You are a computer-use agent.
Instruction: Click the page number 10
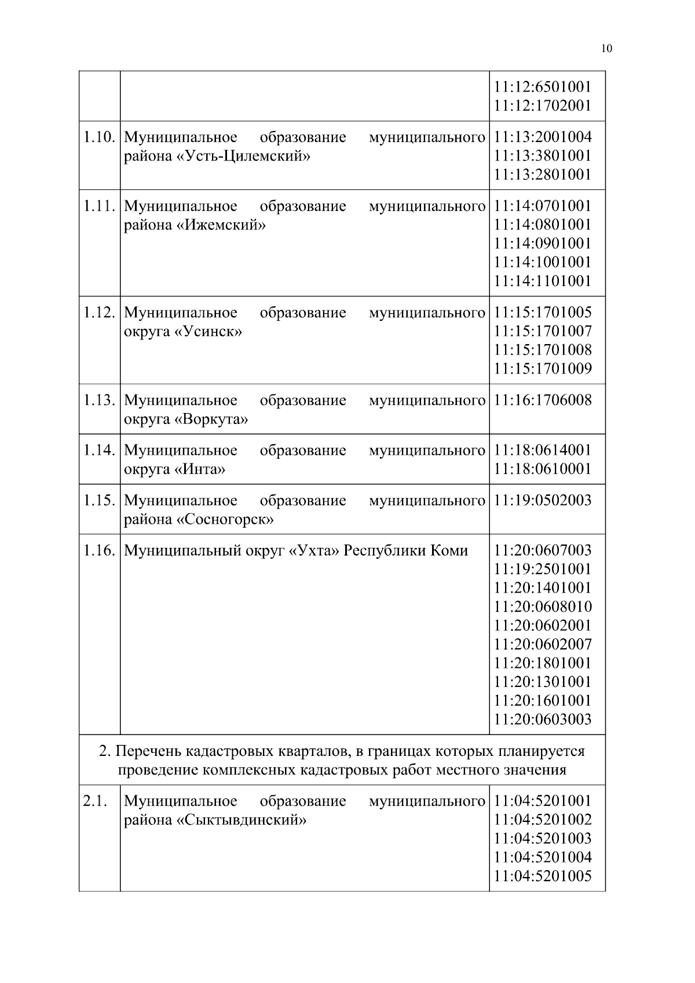(x=606, y=49)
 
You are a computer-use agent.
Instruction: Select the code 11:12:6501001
(x=543, y=87)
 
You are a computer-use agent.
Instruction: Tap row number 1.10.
(x=99, y=137)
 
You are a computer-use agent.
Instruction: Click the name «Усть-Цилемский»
(x=243, y=156)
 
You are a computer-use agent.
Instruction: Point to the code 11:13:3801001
(x=543, y=156)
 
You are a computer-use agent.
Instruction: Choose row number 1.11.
(x=99, y=206)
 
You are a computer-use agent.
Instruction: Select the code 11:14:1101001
(x=543, y=281)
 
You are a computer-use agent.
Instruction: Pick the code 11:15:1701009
(x=543, y=368)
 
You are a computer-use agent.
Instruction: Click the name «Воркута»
(x=211, y=419)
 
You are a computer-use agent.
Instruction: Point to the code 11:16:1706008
(x=543, y=400)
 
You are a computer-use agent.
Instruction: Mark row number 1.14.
(x=99, y=450)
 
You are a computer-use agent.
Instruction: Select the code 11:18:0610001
(x=543, y=469)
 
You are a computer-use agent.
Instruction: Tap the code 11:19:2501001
(x=543, y=569)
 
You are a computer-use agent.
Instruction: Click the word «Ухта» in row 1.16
(x=313, y=550)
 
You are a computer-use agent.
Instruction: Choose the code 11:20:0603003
(x=543, y=719)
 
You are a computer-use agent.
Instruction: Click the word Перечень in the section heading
(x=149, y=751)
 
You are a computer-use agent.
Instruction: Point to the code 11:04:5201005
(x=543, y=876)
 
